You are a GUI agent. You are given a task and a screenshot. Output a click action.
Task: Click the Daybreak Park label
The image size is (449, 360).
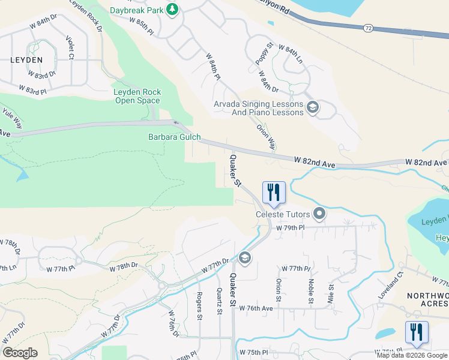pos(136,10)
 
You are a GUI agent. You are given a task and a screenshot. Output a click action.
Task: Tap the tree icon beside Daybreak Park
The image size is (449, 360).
pos(172,9)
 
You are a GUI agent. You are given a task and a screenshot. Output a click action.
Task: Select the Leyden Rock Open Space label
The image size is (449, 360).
pos(137,97)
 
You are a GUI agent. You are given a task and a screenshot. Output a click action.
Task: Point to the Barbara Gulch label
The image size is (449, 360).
pos(175,137)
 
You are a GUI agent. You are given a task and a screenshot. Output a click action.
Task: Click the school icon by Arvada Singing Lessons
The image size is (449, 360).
pos(312,108)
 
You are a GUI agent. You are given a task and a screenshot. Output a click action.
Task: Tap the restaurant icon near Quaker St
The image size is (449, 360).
pos(274,193)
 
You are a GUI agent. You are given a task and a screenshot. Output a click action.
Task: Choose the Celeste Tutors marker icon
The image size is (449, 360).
pos(319,214)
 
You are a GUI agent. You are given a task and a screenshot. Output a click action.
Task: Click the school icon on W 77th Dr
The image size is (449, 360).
pos(244,258)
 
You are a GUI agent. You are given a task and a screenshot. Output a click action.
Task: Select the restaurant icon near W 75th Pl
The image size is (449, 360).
pos(417,332)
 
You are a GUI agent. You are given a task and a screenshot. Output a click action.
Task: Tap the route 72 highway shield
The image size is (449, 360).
pos(367,28)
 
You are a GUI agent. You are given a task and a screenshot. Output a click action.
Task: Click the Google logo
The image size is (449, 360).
pos(20,353)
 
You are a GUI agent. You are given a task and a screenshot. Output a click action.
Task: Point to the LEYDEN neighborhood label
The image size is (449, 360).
pos(26,61)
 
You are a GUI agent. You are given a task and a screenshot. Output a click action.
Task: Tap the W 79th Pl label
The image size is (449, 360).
pos(291,228)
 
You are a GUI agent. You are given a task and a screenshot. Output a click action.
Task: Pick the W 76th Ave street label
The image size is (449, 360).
pos(256,308)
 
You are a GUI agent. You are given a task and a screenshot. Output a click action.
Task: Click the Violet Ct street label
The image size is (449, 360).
pos(70,49)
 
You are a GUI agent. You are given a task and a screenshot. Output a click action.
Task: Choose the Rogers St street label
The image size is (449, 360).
pos(199,306)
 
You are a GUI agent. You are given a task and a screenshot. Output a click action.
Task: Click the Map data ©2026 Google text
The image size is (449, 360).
pos(412,355)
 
